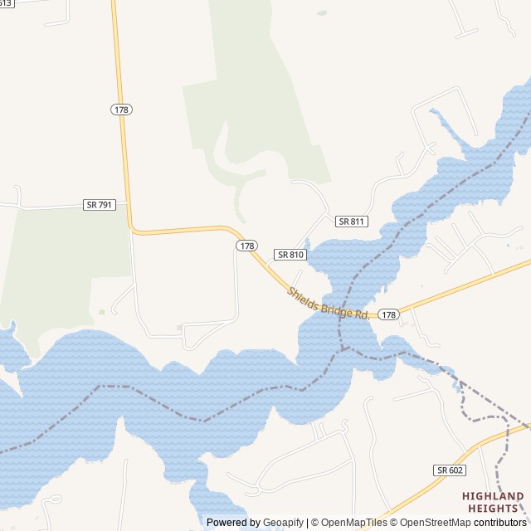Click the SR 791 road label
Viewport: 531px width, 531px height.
99,204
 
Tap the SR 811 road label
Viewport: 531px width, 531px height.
352,222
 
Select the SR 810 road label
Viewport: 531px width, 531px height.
290,255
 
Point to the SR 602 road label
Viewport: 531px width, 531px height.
449,470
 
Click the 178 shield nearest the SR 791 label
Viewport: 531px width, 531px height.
121,110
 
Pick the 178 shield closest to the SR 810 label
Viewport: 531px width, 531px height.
246,246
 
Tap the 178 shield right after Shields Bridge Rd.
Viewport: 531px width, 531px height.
388,314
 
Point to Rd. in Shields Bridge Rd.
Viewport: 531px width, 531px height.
362,314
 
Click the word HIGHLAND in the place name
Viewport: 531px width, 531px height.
493,497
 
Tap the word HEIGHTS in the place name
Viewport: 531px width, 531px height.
493,508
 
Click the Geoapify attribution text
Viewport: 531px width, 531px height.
285,523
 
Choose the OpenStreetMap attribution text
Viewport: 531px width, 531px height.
431,523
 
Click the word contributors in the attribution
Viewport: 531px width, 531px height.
500,523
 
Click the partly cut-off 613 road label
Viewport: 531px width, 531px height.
5,3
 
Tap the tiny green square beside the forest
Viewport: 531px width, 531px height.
102,312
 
